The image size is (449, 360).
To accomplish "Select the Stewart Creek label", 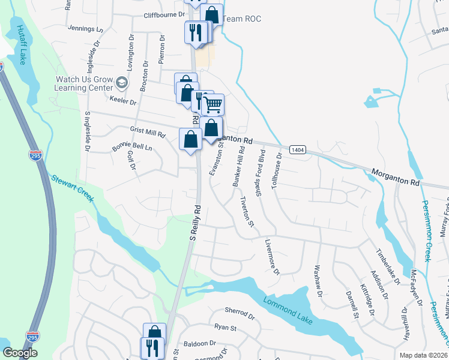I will coord(72,188).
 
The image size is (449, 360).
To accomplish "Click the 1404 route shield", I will coord(297,149).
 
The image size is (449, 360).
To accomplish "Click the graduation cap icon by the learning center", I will coord(122,82).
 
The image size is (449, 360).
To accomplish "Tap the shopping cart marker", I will coord(213,105).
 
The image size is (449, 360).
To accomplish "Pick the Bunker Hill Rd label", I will coord(238,166).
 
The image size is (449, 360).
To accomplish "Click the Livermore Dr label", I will coord(272,258).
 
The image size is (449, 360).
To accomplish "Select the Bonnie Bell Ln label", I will coord(132,147).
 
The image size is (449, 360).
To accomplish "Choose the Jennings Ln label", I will coord(86,28).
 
